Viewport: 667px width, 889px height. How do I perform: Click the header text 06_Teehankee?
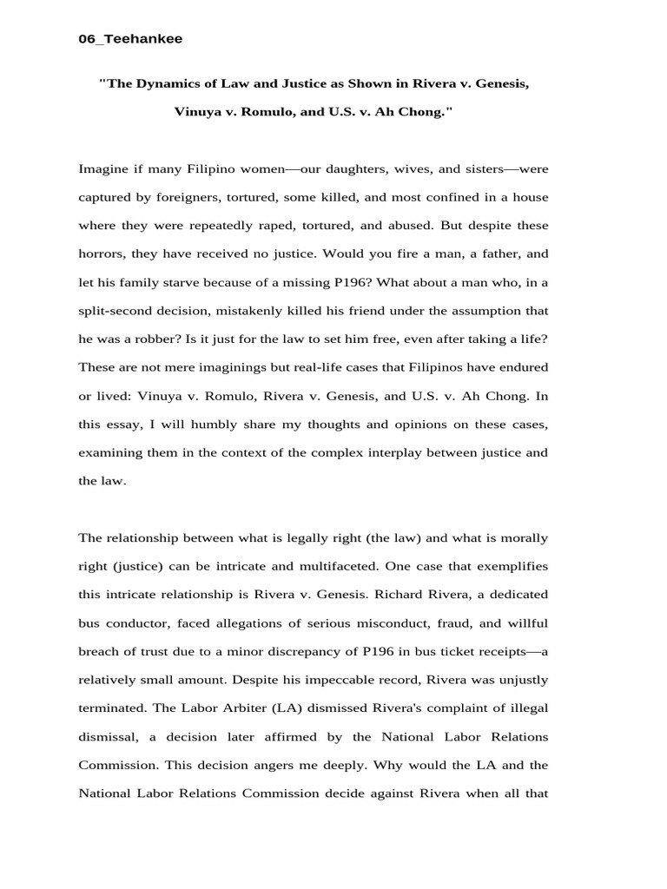click(x=130, y=38)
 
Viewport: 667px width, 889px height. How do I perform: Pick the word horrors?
click(x=101, y=254)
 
